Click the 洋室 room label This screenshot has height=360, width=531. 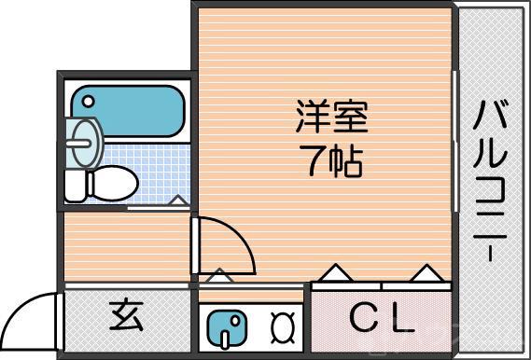[331, 118]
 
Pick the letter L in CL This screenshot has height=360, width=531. [400, 320]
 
